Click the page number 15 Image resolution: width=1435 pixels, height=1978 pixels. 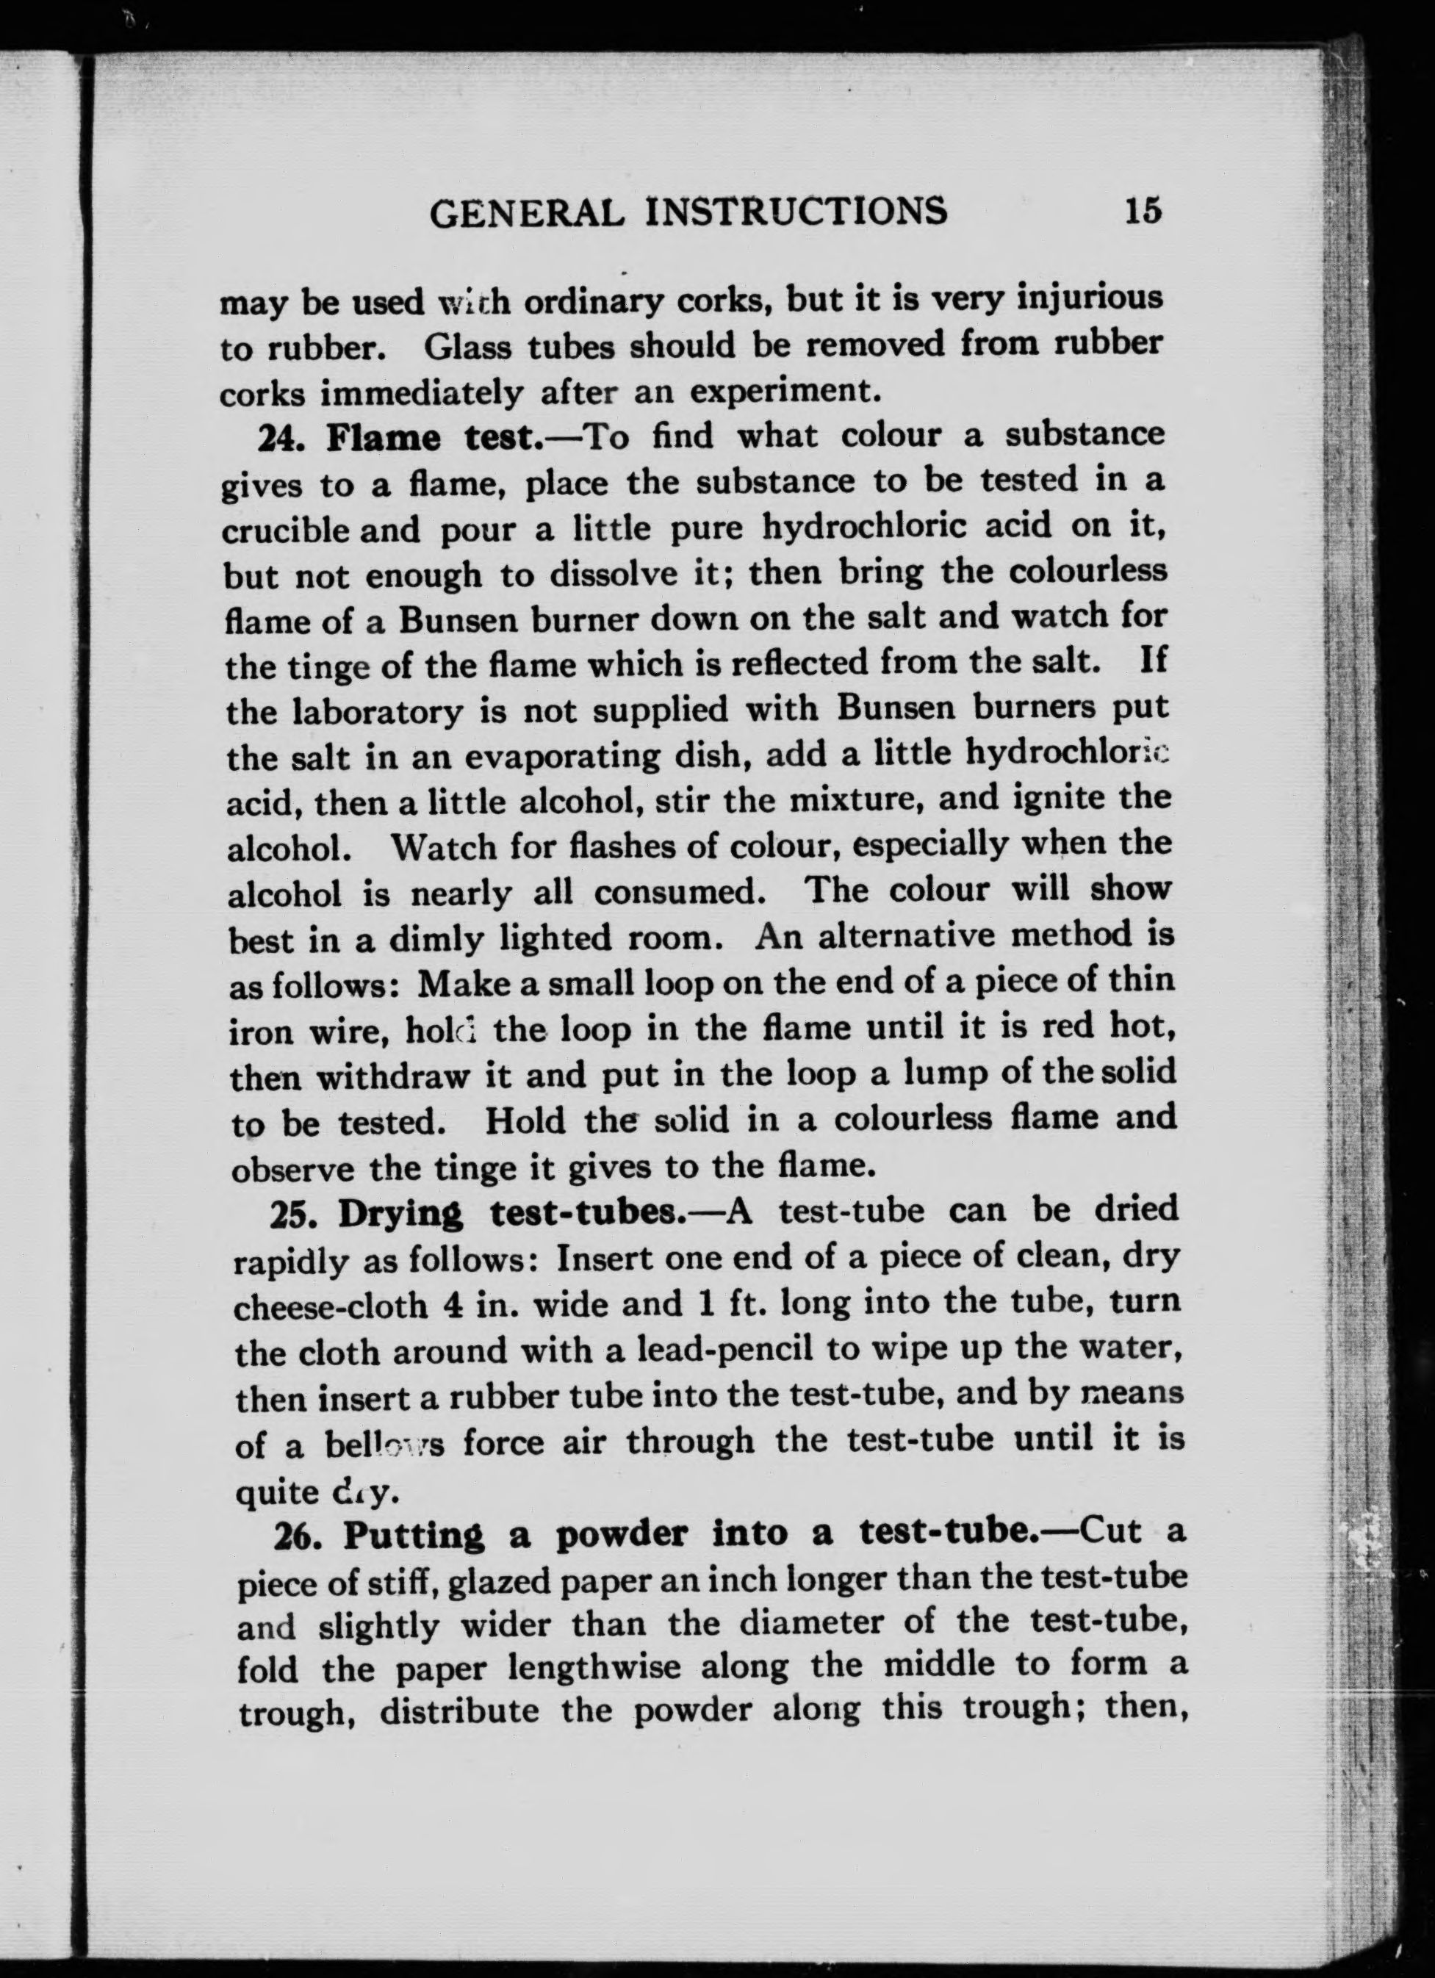click(1143, 211)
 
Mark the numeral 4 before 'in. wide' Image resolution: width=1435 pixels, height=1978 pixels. click(453, 1306)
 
